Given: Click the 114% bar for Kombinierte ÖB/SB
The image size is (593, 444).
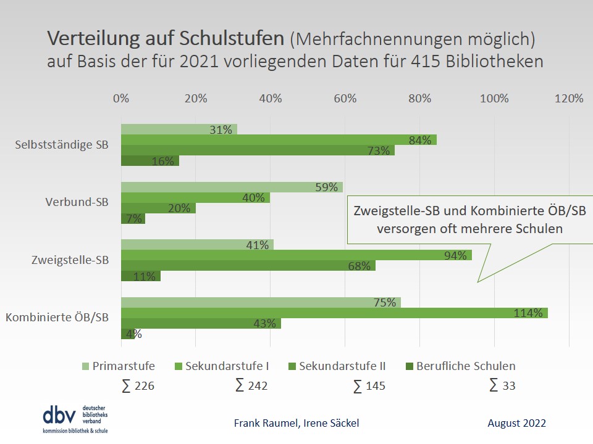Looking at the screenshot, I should pyautogui.click(x=334, y=313).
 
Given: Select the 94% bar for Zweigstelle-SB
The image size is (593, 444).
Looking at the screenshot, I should pyautogui.click(x=296, y=255).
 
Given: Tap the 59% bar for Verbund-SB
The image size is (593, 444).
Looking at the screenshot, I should pyautogui.click(x=232, y=187).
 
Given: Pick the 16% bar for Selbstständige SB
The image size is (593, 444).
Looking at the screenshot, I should pyautogui.click(x=149, y=161).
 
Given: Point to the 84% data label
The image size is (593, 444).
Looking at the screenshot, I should pyautogui.click(x=419, y=140).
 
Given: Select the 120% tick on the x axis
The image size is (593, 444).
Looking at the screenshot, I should pyautogui.click(x=568, y=99).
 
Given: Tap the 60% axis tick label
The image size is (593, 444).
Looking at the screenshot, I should pyautogui.click(x=345, y=99).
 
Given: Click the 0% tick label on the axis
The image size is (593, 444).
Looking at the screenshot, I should pyautogui.click(x=121, y=99).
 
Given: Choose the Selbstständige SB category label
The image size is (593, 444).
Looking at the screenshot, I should pyautogui.click(x=62, y=145).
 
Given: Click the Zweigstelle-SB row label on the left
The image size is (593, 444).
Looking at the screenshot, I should pyautogui.click(x=70, y=260).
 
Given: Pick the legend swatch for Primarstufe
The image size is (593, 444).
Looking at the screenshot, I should pyautogui.click(x=85, y=366).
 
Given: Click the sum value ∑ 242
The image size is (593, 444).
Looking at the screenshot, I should pyautogui.click(x=251, y=386).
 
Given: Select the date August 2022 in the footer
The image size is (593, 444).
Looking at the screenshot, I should pyautogui.click(x=516, y=423).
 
